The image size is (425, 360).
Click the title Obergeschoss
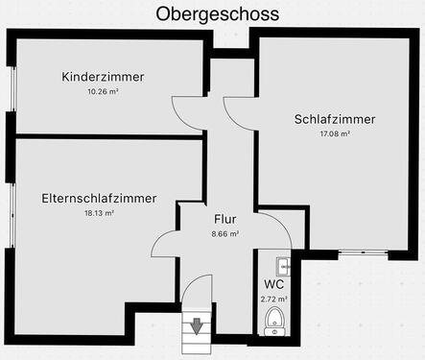click(x=217, y=14)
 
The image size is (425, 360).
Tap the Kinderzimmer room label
click(x=103, y=77)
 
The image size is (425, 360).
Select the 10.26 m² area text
click(x=103, y=92)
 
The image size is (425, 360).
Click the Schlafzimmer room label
click(x=334, y=119)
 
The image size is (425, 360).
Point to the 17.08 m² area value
click(x=334, y=134)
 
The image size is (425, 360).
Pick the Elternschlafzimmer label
click(x=100, y=198)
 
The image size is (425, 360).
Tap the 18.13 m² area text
click(x=100, y=213)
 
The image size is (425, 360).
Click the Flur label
click(x=224, y=218)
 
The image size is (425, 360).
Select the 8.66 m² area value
click(x=224, y=233)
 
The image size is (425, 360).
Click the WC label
click(x=273, y=284)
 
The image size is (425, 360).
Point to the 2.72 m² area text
click(x=273, y=299)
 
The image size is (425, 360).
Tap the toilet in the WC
click(x=274, y=320)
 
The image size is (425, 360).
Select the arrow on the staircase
click(x=197, y=325)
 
